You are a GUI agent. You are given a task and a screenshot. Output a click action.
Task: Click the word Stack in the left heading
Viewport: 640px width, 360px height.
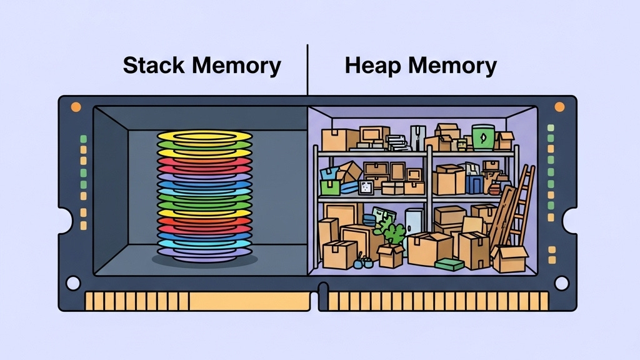(153, 65)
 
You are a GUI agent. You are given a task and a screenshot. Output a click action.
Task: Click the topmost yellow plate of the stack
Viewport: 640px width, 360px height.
(204, 136)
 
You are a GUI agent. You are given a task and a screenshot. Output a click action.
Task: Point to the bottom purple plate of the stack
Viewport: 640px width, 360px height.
(204, 253)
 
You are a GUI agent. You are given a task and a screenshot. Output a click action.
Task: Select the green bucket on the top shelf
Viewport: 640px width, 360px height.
(482, 137)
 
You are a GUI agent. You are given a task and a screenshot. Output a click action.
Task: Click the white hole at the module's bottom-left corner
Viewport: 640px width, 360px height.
(73, 284)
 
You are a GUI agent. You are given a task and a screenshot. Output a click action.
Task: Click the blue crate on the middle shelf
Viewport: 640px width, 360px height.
(474, 183)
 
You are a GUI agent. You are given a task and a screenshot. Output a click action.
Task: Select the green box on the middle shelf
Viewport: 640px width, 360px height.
(329, 187)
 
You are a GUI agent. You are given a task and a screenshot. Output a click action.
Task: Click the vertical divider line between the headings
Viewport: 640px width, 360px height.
(307, 69)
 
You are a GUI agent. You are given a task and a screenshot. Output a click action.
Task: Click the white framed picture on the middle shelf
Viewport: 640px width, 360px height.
(366, 186)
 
